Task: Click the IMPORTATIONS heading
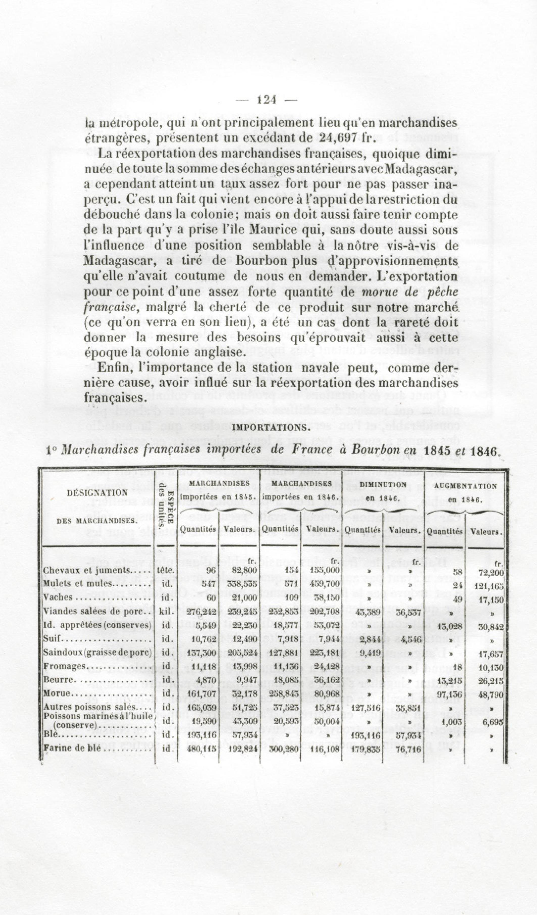271,427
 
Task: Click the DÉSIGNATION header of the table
97,493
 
